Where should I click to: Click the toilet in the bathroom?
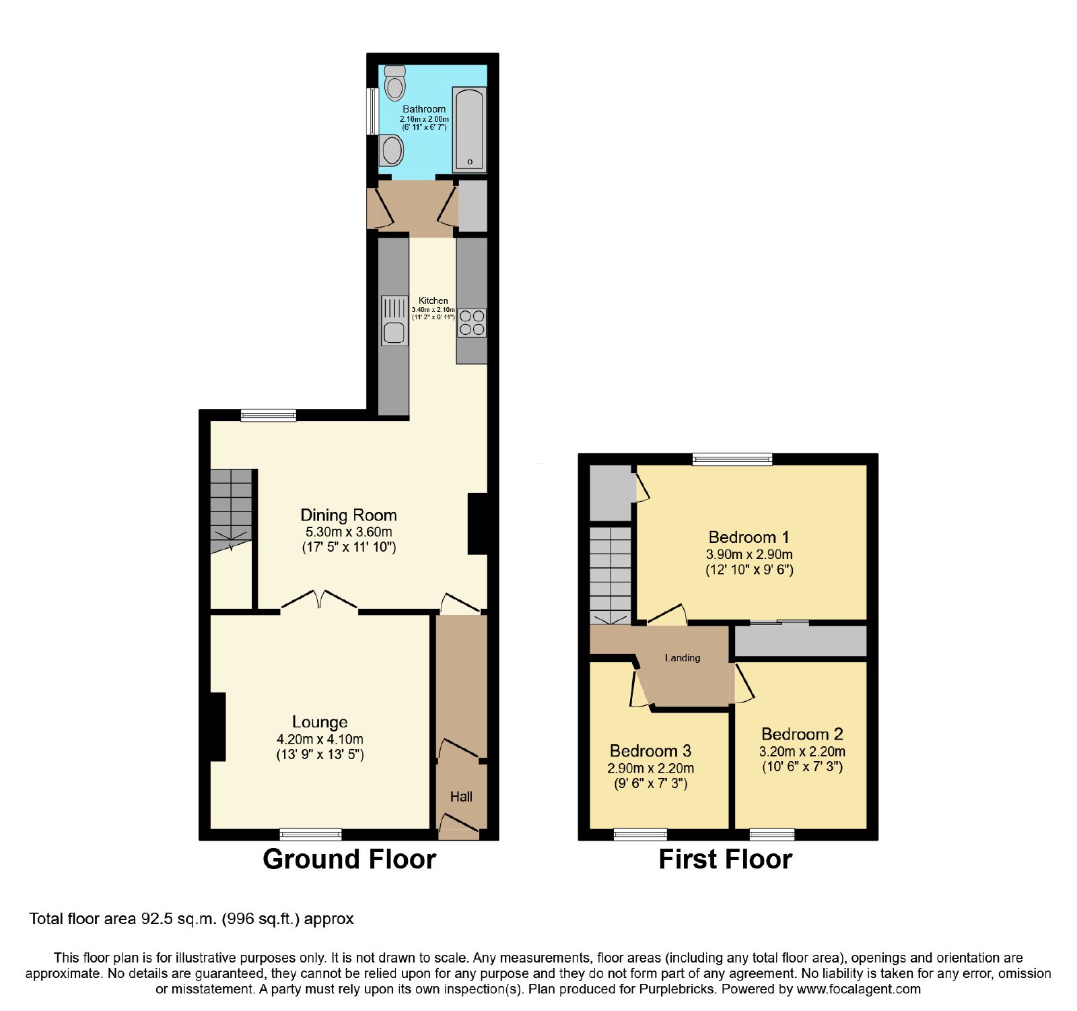tap(395, 82)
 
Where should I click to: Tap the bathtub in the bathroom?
tap(469, 129)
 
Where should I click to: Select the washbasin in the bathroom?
tap(392, 150)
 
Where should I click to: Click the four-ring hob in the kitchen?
tap(472, 323)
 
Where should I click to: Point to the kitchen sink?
tap(394, 321)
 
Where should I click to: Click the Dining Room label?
tap(349, 515)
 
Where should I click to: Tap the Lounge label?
tap(320, 722)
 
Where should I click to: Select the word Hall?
tap(461, 797)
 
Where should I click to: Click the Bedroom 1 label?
tap(749, 537)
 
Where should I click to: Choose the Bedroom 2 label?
tap(802, 734)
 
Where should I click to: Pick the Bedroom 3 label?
tap(650, 751)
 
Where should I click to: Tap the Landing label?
tap(683, 658)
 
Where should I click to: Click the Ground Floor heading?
tap(349, 859)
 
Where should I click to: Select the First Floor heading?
tap(725, 859)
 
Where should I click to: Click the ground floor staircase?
tap(231, 511)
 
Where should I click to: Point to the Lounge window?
tap(311, 835)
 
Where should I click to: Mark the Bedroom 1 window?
tap(732, 459)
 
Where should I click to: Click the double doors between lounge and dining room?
tap(319, 601)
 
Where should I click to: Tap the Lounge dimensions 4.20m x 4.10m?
tap(320, 739)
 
